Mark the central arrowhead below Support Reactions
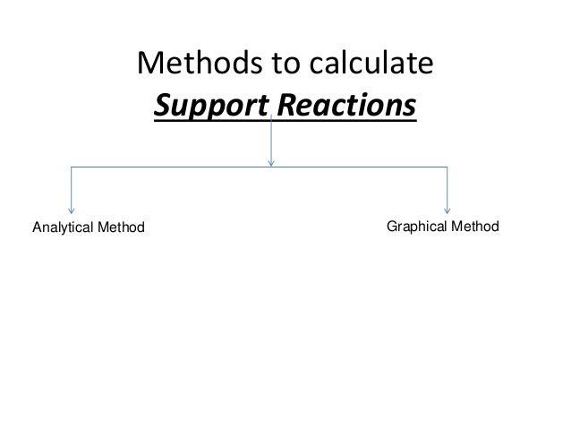tap(270, 162)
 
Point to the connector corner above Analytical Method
tap(71, 167)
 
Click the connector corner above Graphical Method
tap(447, 167)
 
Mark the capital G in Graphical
tap(391, 226)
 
